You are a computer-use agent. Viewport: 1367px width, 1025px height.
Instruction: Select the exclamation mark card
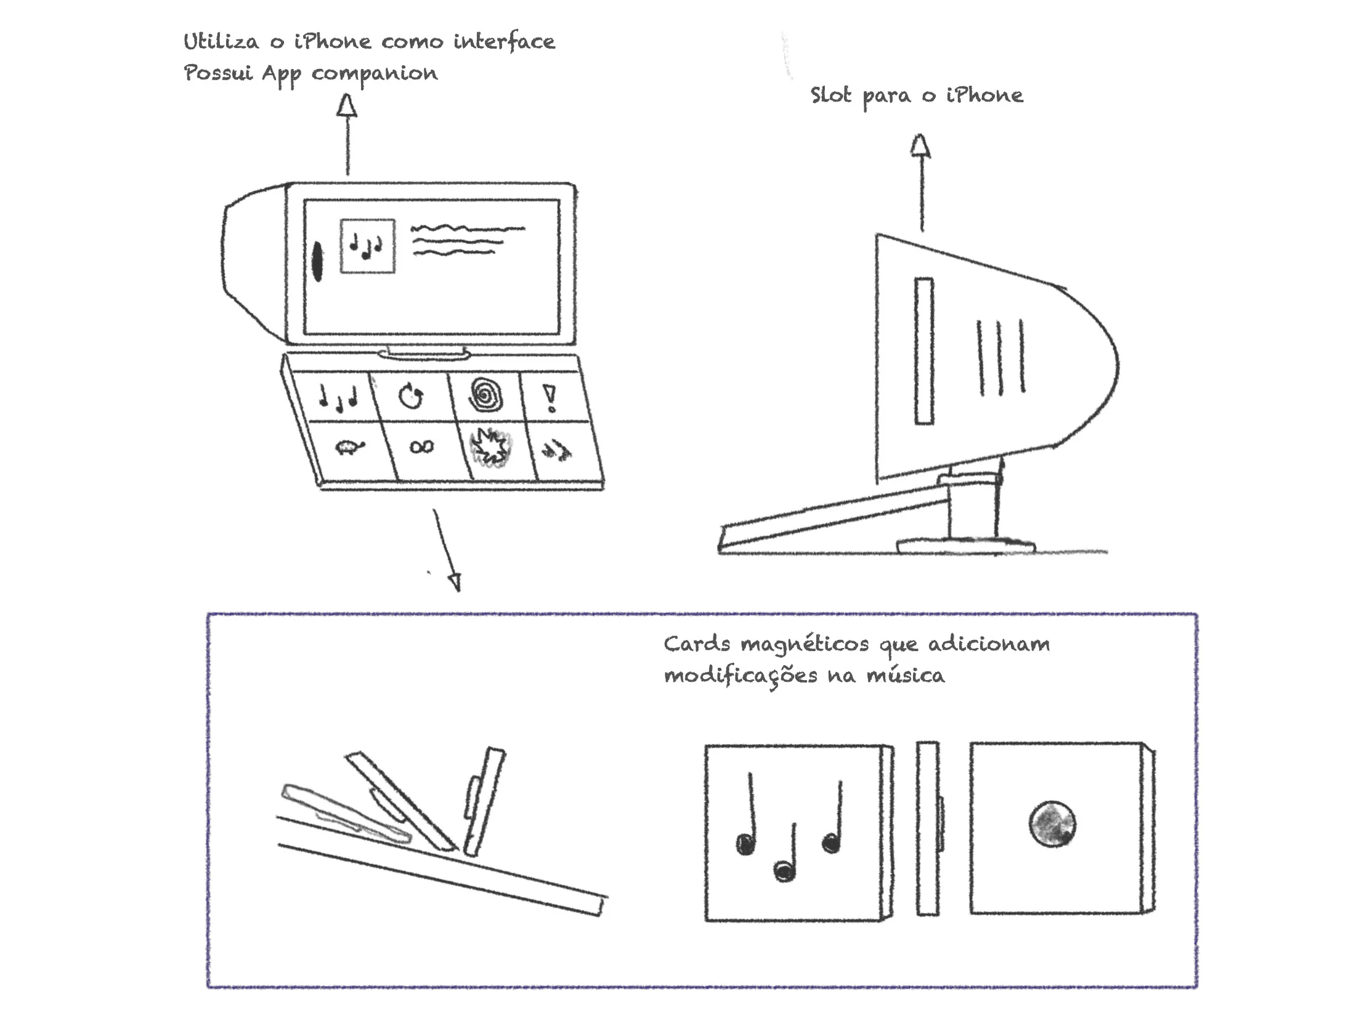[x=550, y=398]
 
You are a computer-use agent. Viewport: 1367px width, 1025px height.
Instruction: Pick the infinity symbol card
[x=422, y=446]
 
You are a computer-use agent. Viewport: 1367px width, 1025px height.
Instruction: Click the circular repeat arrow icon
[x=411, y=396]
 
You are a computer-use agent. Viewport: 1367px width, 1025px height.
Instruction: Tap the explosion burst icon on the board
[x=490, y=447]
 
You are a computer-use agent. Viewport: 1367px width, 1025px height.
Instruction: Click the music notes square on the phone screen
[x=367, y=245]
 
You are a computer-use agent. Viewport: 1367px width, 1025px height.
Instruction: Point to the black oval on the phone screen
[x=318, y=261]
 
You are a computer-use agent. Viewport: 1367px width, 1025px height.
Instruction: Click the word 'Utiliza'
[x=221, y=42]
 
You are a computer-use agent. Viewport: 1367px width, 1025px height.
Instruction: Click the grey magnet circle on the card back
[x=1052, y=824]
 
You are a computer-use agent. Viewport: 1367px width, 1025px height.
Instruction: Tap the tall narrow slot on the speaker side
[x=923, y=350]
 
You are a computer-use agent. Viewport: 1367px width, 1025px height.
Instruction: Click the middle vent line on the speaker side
[x=1000, y=357]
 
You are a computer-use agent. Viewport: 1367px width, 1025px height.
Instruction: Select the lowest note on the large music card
[x=784, y=870]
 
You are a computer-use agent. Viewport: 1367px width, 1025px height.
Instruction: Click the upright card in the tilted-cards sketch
[x=485, y=801]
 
